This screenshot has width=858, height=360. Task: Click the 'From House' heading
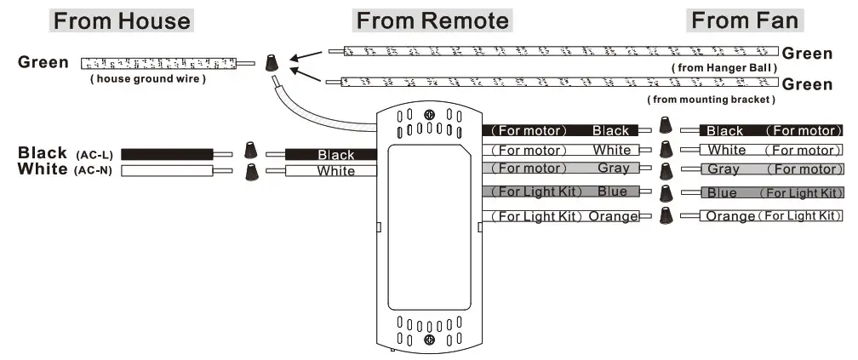(x=123, y=20)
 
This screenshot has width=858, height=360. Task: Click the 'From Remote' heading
(x=432, y=20)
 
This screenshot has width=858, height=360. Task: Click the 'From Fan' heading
(x=745, y=20)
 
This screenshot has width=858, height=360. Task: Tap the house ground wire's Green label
(x=43, y=63)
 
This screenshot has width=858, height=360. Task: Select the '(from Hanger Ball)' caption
(x=724, y=68)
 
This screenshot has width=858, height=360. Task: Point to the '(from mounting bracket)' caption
(x=712, y=100)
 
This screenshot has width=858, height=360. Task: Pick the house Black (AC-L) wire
(x=166, y=154)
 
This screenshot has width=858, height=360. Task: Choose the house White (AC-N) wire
(x=166, y=170)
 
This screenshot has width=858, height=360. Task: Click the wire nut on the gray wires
(x=666, y=169)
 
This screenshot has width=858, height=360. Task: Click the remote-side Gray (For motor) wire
(x=562, y=169)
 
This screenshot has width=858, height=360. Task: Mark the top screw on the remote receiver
(x=430, y=116)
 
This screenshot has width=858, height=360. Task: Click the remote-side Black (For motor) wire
(x=562, y=130)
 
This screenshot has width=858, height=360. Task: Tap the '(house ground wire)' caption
(x=148, y=80)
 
